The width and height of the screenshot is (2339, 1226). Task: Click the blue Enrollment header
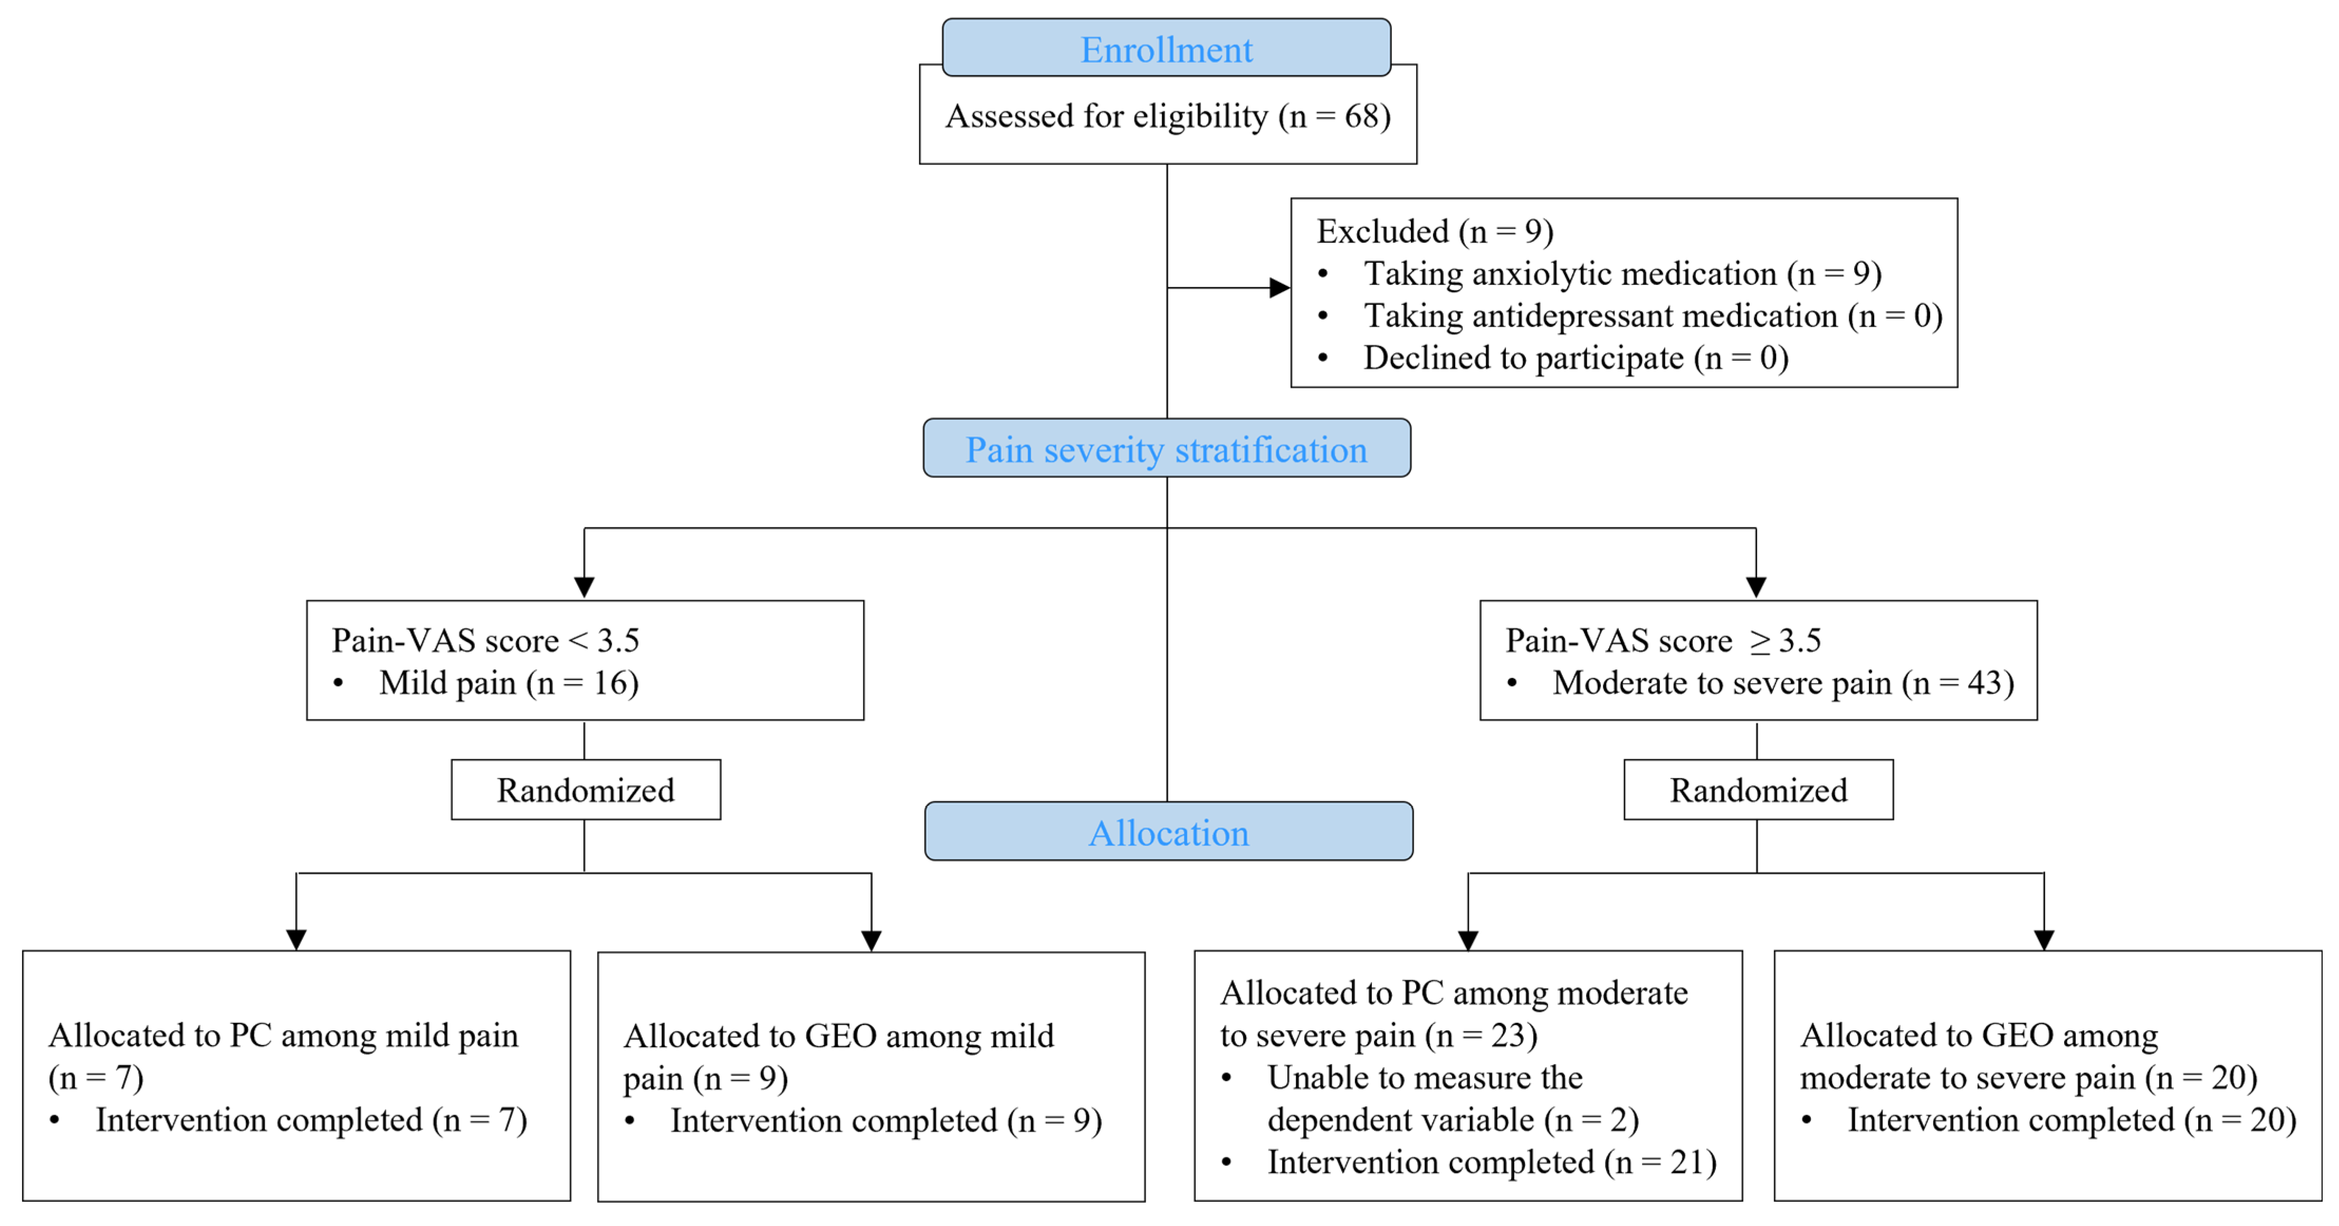(x=1166, y=49)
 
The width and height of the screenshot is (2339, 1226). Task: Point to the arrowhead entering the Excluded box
(x=1280, y=288)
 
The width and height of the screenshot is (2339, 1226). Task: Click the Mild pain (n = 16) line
(x=509, y=683)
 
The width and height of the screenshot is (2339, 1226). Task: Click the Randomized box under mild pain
(x=586, y=790)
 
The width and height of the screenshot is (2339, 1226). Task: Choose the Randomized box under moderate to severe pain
(x=1758, y=790)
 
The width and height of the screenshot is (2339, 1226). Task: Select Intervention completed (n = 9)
(x=885, y=1120)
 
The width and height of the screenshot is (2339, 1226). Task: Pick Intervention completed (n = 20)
(x=2071, y=1120)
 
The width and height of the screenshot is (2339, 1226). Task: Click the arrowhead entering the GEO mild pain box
(x=871, y=940)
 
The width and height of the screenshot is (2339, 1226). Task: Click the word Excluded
(x=1382, y=232)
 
